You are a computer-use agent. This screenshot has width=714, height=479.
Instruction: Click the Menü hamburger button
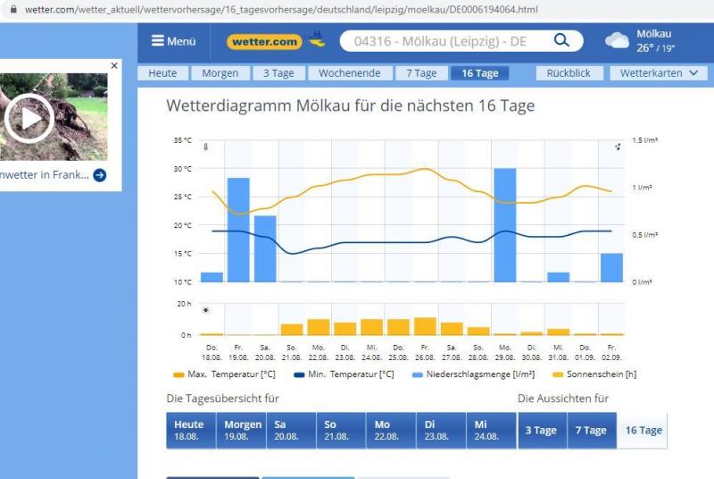click(x=173, y=41)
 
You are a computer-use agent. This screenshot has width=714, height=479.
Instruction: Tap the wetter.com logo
click(x=265, y=41)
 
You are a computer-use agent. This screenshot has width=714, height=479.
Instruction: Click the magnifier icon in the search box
click(x=561, y=41)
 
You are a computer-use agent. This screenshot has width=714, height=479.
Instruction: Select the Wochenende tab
click(x=349, y=73)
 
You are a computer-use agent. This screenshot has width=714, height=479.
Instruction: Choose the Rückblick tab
click(x=569, y=73)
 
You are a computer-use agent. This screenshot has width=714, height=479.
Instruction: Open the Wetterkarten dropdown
click(x=658, y=73)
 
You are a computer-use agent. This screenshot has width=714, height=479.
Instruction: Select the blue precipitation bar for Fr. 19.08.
click(x=238, y=230)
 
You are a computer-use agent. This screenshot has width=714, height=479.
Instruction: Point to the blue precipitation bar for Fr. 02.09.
click(x=611, y=267)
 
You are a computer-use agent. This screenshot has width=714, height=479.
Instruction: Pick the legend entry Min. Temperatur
click(x=344, y=374)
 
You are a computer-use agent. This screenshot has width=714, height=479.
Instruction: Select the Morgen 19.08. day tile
click(x=243, y=431)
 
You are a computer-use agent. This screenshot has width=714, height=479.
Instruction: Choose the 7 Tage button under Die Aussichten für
click(x=591, y=431)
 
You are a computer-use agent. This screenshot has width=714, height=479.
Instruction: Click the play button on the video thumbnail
click(x=29, y=118)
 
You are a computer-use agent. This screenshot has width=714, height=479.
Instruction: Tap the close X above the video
click(x=114, y=66)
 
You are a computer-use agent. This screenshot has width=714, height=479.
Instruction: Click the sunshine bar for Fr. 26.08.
click(x=426, y=326)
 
